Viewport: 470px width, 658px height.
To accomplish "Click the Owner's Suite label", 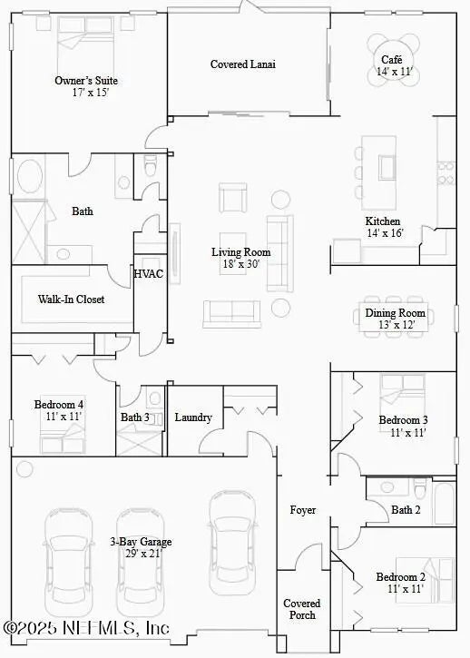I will (86, 81).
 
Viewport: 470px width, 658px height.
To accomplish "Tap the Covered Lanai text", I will (242, 64).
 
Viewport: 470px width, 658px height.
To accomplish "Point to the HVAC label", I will (149, 274).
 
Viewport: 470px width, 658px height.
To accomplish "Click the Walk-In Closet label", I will (71, 299).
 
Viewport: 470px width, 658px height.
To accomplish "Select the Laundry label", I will (194, 417).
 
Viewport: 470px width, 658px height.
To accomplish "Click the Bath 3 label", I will (135, 417).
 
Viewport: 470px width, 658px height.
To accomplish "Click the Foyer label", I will (303, 510).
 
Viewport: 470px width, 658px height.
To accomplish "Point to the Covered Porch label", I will (302, 609).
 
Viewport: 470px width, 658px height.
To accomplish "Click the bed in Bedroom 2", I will (436, 575).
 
